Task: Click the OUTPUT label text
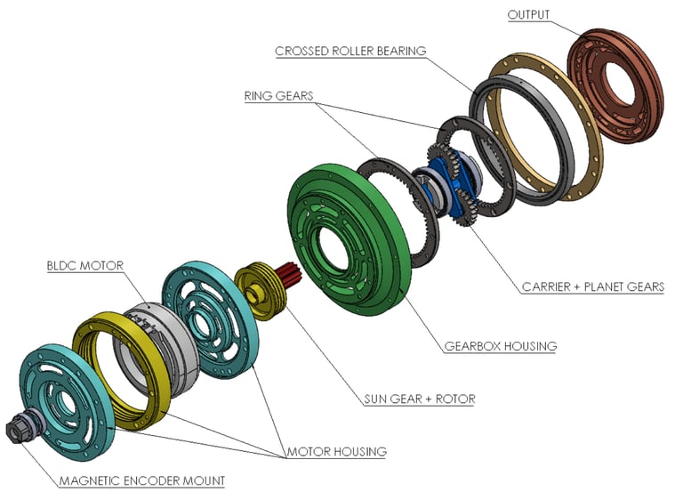click(528, 15)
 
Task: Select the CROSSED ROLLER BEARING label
click(350, 51)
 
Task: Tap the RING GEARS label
click(278, 96)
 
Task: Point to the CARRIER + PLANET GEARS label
click(593, 286)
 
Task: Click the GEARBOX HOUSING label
click(501, 346)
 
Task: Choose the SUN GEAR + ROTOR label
click(420, 399)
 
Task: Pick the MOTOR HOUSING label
click(336, 452)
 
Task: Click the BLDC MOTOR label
click(85, 266)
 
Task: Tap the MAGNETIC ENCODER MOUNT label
click(142, 480)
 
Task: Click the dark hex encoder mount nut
click(17, 429)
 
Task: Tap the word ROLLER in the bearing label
click(352, 51)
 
